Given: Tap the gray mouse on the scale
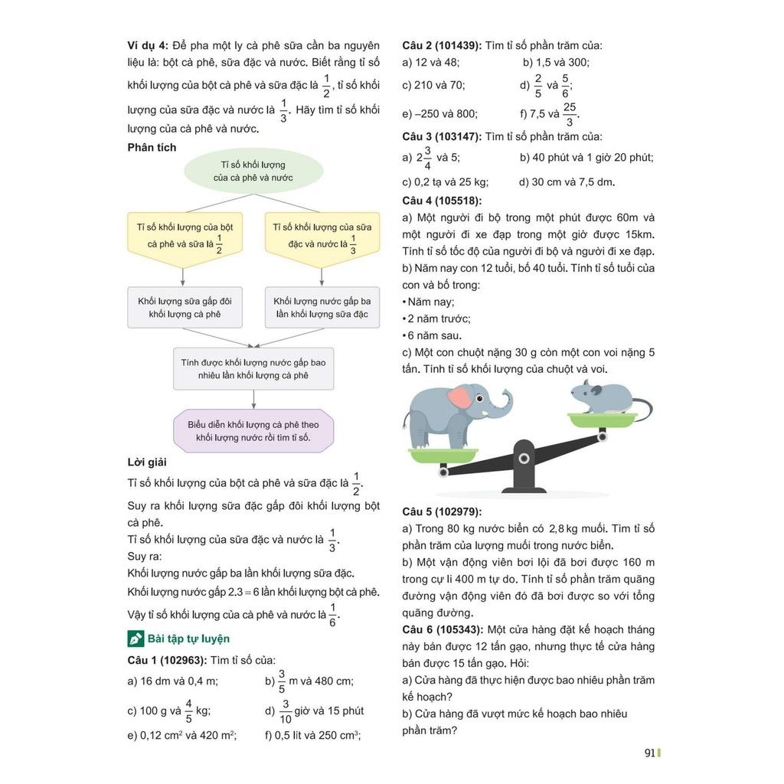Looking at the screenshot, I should (x=602, y=397).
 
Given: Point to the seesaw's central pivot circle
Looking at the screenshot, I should (x=524, y=458).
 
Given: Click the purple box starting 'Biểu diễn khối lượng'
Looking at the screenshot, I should (x=253, y=430).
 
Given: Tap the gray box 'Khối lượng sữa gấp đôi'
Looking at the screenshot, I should (x=185, y=307).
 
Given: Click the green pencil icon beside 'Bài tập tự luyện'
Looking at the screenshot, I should (x=136, y=639).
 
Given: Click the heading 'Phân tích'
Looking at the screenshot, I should (x=152, y=147).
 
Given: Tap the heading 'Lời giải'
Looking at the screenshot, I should (x=147, y=462).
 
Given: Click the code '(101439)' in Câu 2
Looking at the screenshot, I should (x=455, y=45).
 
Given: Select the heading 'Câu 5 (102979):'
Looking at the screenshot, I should (x=447, y=511).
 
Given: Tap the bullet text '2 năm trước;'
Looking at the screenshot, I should (x=439, y=318).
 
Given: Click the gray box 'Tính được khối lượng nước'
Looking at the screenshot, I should (x=253, y=369).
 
